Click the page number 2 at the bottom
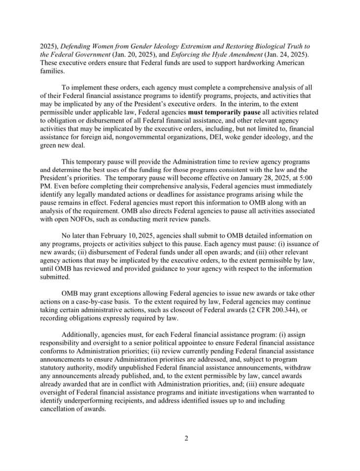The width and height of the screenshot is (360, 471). pos(186,438)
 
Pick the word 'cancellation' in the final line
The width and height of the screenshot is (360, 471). pos(58,409)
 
